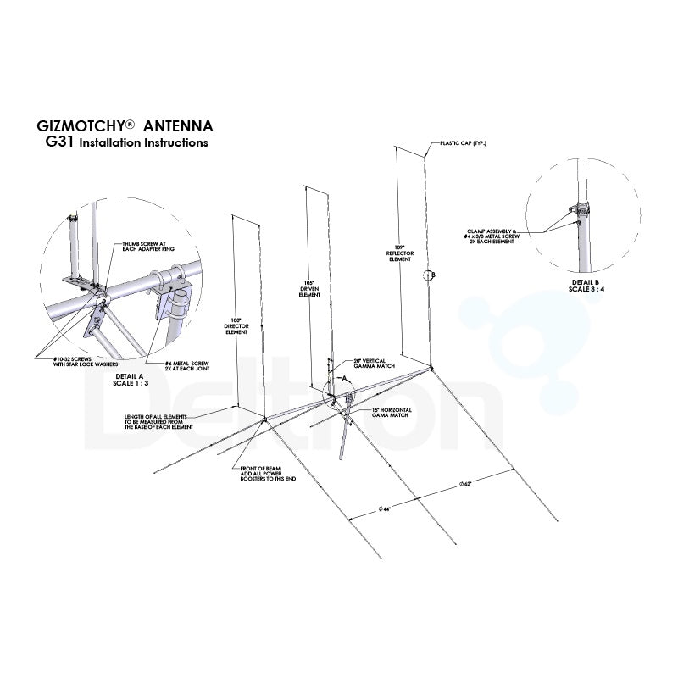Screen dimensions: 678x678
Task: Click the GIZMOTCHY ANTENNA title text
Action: point(125,126)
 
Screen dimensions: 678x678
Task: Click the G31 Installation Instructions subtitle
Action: point(126,143)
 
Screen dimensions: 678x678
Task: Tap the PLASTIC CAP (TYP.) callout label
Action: point(464,143)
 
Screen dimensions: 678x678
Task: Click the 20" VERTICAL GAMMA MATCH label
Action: point(358,364)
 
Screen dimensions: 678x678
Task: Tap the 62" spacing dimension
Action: point(465,483)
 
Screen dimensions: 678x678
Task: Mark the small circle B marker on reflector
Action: point(429,275)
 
